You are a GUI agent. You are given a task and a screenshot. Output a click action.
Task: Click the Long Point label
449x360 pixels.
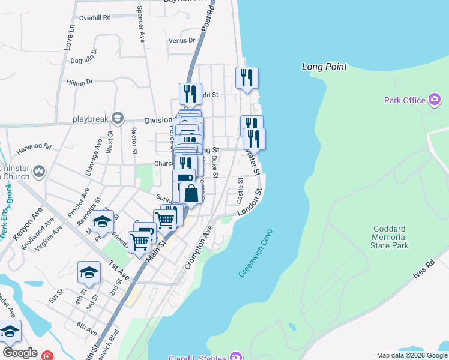[324, 67]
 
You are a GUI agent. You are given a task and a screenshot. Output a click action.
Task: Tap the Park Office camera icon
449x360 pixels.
[435, 100]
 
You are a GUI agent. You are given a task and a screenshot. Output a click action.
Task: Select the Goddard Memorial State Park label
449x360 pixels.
[390, 237]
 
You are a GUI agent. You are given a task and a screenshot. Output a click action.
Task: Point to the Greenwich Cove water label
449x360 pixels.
[255, 253]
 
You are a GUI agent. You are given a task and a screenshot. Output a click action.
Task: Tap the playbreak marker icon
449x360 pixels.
[117, 118]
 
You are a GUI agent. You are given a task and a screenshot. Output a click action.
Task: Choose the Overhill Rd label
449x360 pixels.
[95, 18]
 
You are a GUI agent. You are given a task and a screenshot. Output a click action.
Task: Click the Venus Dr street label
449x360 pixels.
[182, 41]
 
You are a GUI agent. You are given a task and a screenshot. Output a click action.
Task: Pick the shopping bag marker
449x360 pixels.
[191, 193]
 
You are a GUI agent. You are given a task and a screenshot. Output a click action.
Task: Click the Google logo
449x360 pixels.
[20, 353]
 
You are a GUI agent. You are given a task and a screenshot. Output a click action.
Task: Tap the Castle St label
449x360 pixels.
[240, 189]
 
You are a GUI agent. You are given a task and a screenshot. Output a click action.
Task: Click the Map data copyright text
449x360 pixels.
[411, 355]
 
